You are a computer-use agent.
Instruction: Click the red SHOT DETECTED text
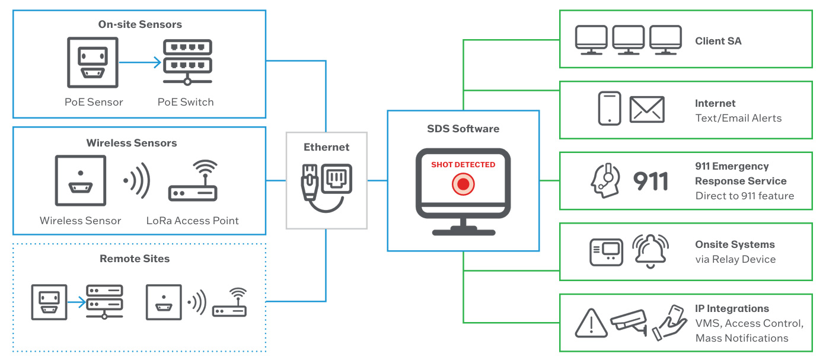pos(463,165)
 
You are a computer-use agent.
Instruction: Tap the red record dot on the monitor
pos(463,185)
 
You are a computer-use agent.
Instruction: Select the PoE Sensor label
pos(94,102)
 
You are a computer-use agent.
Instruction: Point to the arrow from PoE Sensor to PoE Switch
pos(140,62)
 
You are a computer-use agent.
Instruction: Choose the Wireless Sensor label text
pos(81,221)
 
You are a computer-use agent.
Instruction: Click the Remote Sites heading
pos(135,259)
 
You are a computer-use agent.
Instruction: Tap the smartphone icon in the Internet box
pos(610,109)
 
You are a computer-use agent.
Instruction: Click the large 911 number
pos(651,181)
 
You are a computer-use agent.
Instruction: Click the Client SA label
pos(718,41)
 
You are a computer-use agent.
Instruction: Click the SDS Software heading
pos(463,129)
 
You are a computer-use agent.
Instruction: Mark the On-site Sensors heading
pos(140,24)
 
